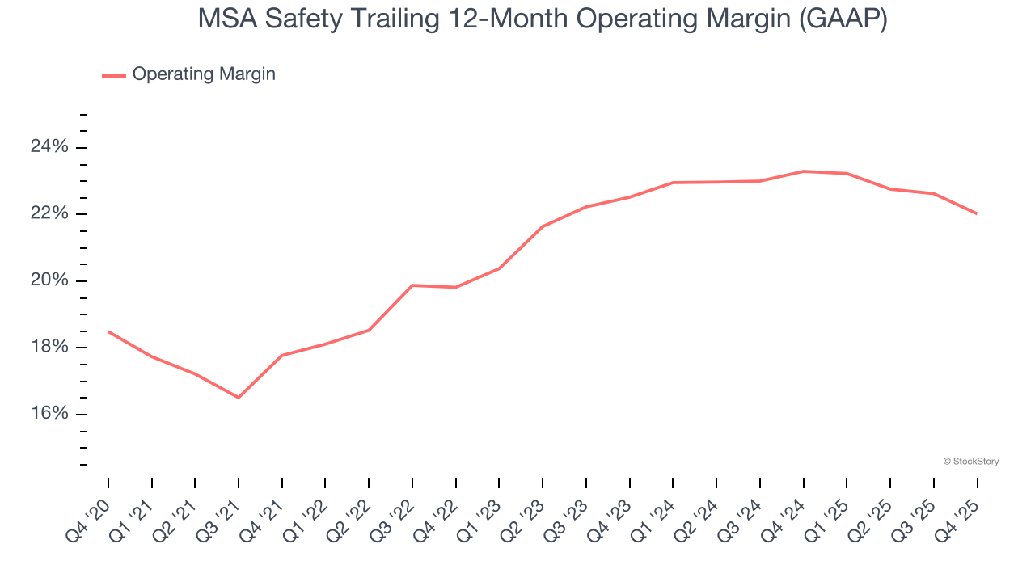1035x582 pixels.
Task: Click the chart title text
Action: coord(542,19)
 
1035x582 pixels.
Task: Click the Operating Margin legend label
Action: coord(204,74)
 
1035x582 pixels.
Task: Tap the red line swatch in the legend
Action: coord(113,75)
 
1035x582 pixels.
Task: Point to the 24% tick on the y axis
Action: coord(49,147)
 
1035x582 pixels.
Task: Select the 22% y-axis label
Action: coord(49,214)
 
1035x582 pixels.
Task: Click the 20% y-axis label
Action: coord(49,281)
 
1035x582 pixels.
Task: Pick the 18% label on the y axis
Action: coord(49,348)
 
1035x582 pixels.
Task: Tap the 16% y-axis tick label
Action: coord(49,415)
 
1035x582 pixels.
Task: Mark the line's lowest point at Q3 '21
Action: coord(239,398)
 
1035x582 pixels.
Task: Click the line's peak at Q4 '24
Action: coord(804,171)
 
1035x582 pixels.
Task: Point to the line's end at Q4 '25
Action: coord(977,213)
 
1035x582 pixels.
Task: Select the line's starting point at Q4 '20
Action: coord(108,331)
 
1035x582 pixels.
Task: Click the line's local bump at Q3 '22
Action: coord(412,285)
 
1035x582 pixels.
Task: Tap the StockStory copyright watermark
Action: coord(970,462)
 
